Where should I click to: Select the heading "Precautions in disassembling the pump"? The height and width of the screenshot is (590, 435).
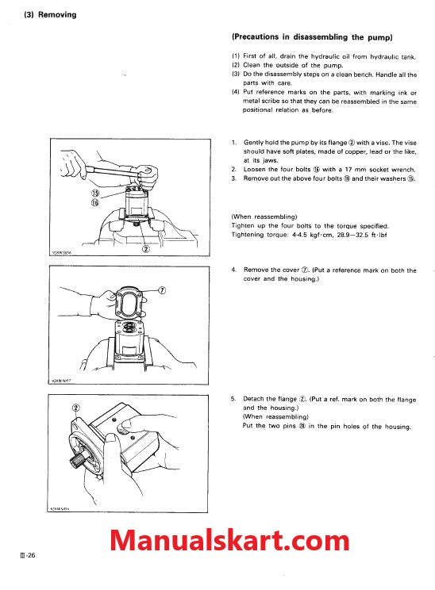pos(312,37)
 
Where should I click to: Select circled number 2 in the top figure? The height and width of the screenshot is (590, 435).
pos(146,248)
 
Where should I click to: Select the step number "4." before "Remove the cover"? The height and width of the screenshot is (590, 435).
pos(234,270)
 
